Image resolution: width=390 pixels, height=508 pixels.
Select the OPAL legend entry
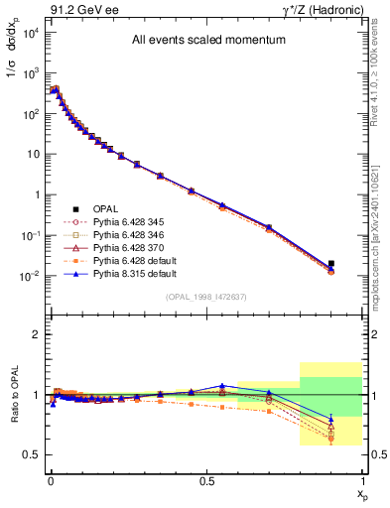[105, 208]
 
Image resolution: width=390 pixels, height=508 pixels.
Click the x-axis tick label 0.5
[206, 480]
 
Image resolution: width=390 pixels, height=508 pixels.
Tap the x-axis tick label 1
[362, 480]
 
